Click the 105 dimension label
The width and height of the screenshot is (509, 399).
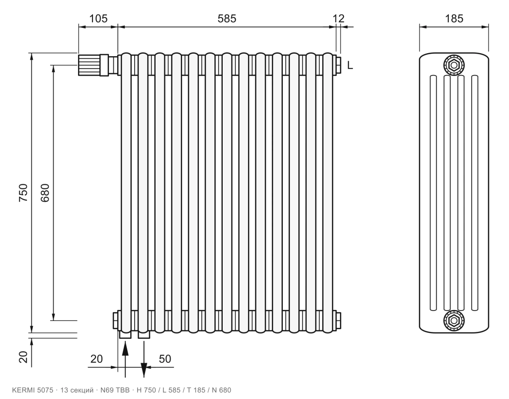click(x=98, y=18)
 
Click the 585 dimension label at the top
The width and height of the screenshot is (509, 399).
click(x=227, y=18)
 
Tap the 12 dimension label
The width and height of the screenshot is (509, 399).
click(x=339, y=18)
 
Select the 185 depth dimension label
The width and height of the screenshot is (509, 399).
click(x=454, y=18)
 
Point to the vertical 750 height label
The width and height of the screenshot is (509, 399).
click(x=23, y=193)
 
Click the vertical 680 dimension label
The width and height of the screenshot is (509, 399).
click(x=45, y=193)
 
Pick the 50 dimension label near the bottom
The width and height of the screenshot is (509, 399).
click(x=165, y=359)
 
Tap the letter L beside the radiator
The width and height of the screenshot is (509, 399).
click(x=349, y=65)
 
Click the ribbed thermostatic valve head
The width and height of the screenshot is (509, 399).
click(x=88, y=65)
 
